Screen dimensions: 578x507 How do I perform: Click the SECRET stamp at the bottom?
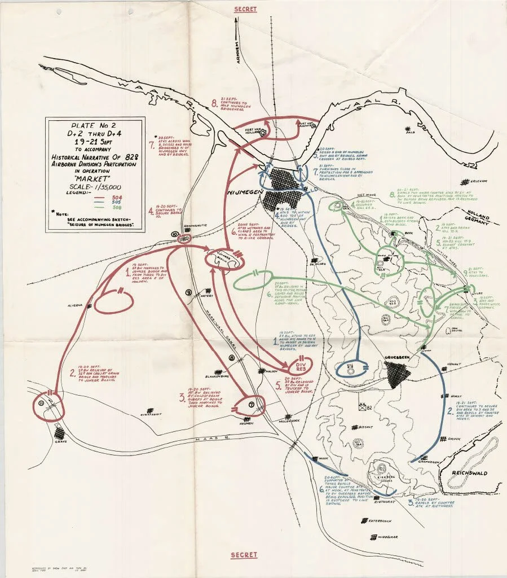244,555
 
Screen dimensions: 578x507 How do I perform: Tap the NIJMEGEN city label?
244,192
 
